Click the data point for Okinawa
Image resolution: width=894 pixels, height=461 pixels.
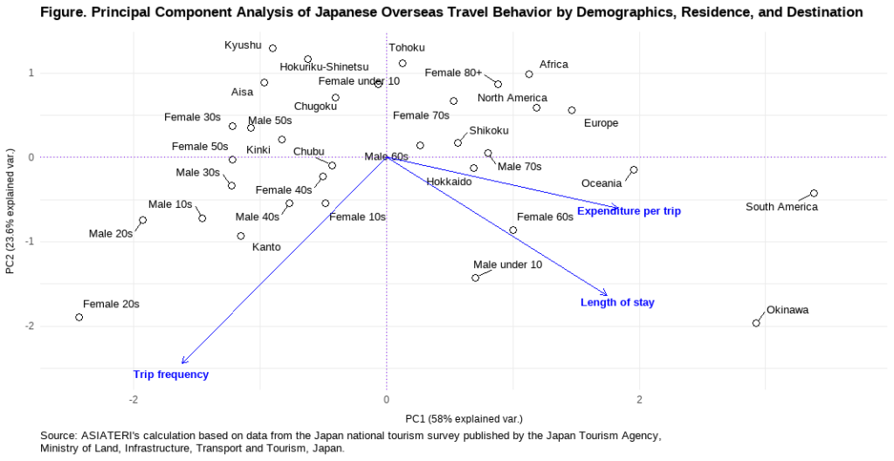tap(756, 323)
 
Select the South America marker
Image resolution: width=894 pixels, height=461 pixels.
tap(814, 193)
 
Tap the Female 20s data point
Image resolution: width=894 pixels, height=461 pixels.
tap(79, 317)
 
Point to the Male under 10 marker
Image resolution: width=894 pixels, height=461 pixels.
tap(476, 278)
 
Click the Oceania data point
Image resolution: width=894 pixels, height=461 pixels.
tap(634, 170)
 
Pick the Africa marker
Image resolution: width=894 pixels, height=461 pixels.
tap(529, 74)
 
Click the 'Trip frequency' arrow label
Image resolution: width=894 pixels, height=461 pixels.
tap(171, 375)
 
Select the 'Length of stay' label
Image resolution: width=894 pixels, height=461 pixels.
tap(617, 302)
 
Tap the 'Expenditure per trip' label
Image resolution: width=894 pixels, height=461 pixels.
tap(629, 210)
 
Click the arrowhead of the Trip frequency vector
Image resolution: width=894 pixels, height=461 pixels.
tap(183, 361)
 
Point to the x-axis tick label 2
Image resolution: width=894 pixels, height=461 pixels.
tap(639, 399)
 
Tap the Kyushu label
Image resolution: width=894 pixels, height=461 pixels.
tap(243, 45)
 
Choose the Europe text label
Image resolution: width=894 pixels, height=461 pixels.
tap(601, 123)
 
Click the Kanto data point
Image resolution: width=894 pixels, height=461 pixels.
tap(241, 236)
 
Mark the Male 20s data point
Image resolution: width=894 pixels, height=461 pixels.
tap(143, 220)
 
